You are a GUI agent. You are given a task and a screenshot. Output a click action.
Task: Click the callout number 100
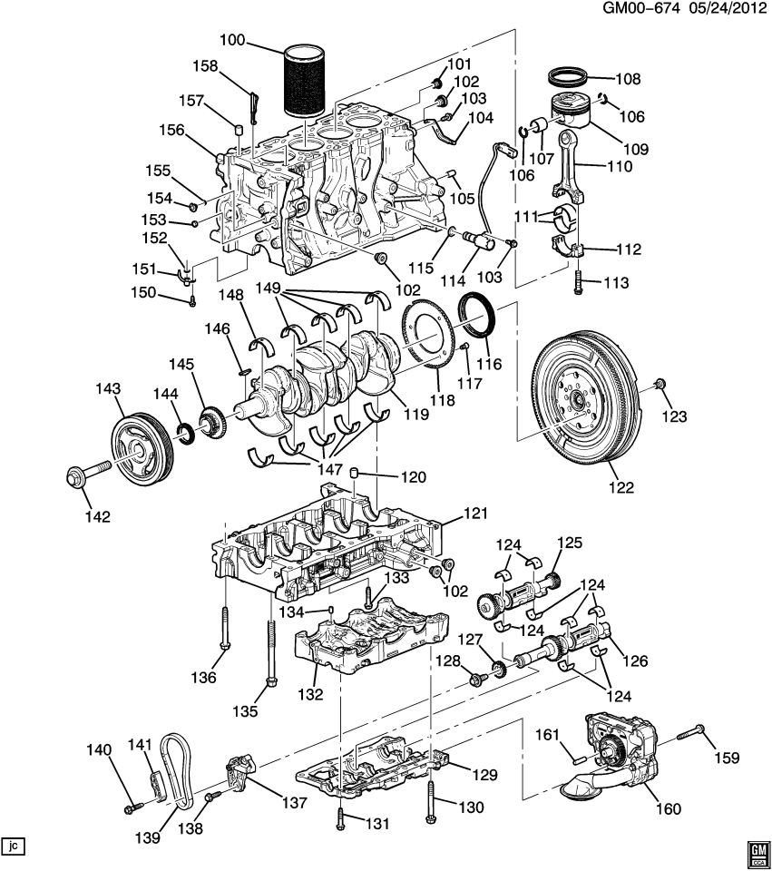coord(233,41)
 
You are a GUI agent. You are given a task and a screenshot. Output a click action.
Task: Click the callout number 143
coord(108,389)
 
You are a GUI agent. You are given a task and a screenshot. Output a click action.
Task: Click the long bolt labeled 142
coord(85,473)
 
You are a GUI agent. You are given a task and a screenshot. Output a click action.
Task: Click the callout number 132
coord(310,695)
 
